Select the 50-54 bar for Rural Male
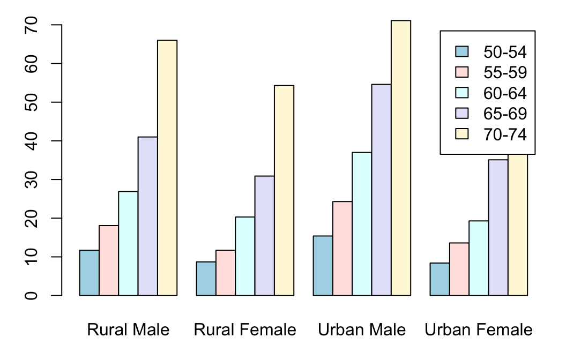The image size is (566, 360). point(89,273)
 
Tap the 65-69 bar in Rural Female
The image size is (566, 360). point(265,236)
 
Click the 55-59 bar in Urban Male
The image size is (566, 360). point(342,249)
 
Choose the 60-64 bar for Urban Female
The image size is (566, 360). point(479,258)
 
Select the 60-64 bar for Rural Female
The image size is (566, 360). point(245,256)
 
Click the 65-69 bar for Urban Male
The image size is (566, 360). point(382,190)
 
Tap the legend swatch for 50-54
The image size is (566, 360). point(461,51)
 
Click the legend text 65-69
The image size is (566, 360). point(505,114)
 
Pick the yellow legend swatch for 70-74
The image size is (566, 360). point(461,134)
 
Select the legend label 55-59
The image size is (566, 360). point(505,72)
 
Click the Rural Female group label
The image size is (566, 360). point(245,330)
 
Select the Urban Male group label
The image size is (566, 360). point(362,330)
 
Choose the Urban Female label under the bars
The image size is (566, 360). point(479,330)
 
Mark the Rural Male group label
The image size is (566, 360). point(128,330)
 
